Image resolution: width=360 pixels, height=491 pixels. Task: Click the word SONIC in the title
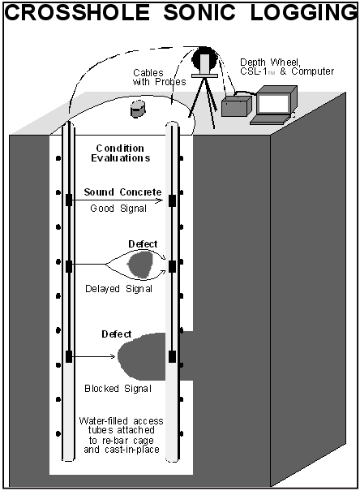199,13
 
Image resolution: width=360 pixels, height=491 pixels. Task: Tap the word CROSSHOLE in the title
77,13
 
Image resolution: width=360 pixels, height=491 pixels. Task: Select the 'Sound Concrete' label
122,192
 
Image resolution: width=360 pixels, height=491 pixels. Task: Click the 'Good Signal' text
118,209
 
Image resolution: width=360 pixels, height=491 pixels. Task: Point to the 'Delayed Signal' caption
118,288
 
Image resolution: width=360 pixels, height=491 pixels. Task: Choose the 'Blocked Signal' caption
118,389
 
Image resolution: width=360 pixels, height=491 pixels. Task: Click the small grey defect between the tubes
140,264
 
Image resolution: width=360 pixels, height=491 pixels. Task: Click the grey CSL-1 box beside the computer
237,106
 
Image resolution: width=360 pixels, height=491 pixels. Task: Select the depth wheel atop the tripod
204,59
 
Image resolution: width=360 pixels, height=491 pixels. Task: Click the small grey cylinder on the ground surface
138,109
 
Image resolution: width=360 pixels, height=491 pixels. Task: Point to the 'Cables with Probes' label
159,77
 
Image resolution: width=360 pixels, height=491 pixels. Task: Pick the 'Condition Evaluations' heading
121,153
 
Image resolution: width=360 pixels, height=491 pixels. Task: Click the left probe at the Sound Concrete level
69,200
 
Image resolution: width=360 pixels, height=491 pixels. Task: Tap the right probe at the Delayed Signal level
172,266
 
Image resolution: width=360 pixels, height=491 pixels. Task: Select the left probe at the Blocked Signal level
69,356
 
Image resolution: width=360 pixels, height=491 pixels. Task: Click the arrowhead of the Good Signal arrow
160,200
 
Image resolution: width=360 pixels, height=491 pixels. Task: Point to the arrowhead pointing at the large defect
112,356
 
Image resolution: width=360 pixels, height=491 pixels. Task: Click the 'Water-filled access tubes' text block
122,435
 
